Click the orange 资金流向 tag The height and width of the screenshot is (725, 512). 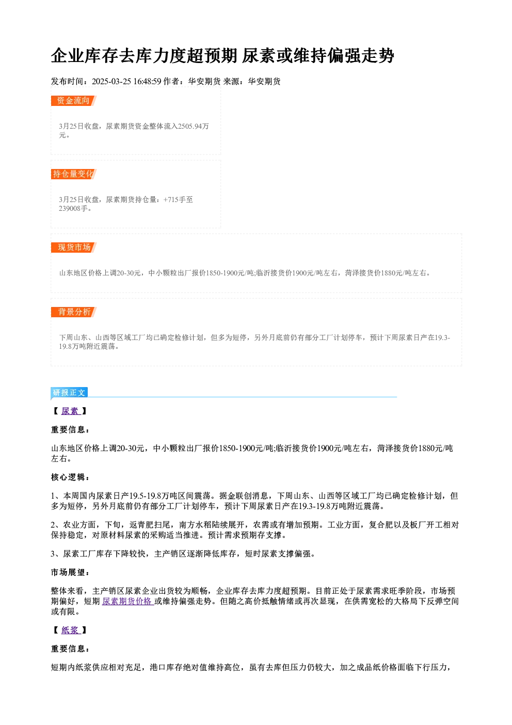pos(73,101)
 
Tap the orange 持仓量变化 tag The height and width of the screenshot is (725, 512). pos(73,174)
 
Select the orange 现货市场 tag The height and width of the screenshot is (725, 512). pos(73,248)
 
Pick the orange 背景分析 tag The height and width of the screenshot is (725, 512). pos(73,312)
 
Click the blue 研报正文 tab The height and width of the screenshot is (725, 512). pos(69,393)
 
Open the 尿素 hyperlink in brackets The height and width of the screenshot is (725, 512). pos(70,411)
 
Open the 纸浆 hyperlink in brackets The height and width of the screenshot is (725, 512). pos(70,630)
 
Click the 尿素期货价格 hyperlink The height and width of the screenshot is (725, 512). pos(127,601)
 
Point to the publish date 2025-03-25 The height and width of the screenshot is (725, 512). pos(111,81)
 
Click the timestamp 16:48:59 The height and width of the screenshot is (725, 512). pos(147,81)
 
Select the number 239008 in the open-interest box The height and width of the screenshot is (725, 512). pos(69,208)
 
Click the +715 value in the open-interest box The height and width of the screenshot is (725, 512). pos(170,199)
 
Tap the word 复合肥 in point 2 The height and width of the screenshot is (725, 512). pos(381,525)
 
